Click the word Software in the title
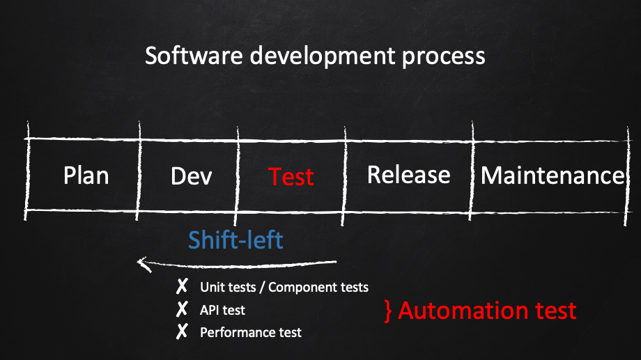(194, 56)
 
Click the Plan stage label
(86, 176)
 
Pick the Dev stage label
(192, 177)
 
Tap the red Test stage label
(291, 177)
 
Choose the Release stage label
(409, 175)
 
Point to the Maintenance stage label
(553, 175)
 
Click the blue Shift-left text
(235, 240)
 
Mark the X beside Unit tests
(182, 286)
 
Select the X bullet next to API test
(182, 309)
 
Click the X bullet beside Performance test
(182, 331)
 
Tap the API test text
(222, 310)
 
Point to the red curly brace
(388, 311)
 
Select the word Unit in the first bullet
(208, 288)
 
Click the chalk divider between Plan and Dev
(139, 171)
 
